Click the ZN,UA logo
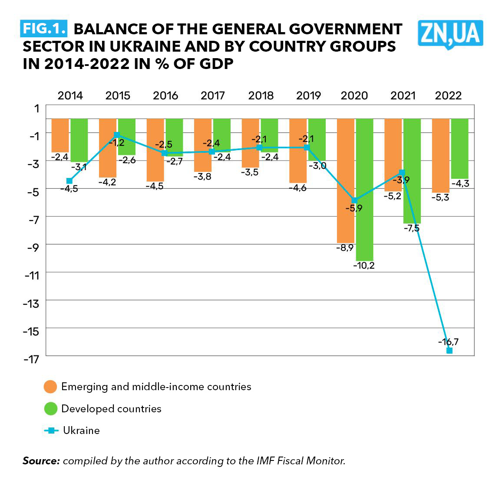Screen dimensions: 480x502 coord(450,33)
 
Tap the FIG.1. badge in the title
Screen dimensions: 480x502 coord(44,28)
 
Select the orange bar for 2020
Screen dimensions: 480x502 coord(346,180)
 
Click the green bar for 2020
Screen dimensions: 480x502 coord(364,189)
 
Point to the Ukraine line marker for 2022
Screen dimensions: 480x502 coord(449,350)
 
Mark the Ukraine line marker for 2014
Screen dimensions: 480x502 coord(69,181)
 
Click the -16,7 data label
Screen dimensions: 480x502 coord(448,342)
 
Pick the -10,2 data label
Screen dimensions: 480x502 coord(364,265)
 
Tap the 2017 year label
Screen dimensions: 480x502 coord(213,95)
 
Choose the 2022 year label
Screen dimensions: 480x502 coord(449,95)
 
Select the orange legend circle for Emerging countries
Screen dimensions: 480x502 coord(51,387)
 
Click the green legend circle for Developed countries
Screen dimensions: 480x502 coord(51,409)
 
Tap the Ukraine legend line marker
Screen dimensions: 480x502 coord(51,431)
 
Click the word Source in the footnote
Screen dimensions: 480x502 coord(41,461)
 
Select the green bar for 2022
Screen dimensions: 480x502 coord(459,148)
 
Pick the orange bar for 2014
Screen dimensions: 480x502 coord(60,135)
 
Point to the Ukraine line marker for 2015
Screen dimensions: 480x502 coord(117,135)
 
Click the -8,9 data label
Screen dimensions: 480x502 coord(345,248)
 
